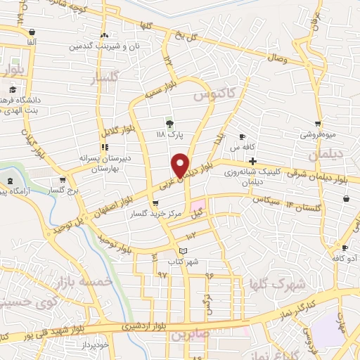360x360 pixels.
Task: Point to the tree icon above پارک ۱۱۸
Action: (169, 122)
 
